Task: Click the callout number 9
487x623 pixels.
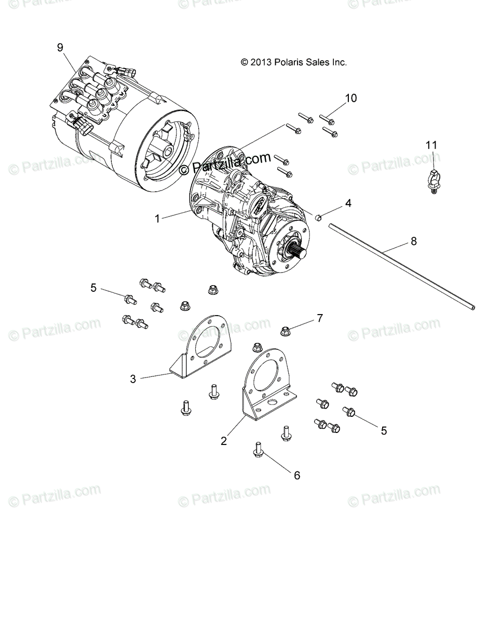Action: pyautogui.click(x=60, y=47)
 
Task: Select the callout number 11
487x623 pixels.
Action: pyautogui.click(x=431, y=145)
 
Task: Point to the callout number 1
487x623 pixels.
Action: pyautogui.click(x=157, y=219)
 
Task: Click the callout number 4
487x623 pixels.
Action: pyautogui.click(x=348, y=203)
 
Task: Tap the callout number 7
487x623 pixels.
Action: pyautogui.click(x=320, y=318)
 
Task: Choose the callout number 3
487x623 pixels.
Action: pyautogui.click(x=133, y=379)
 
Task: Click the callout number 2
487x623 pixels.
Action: pyautogui.click(x=224, y=441)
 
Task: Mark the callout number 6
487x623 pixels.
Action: pyautogui.click(x=297, y=475)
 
